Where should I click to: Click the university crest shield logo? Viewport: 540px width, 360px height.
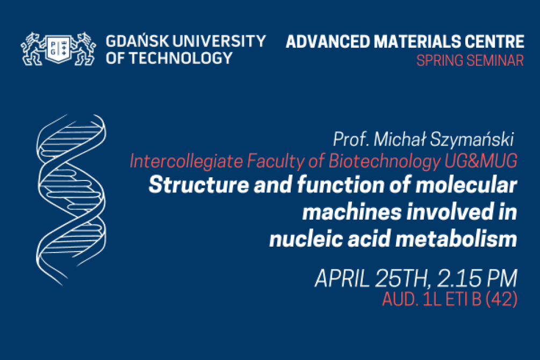coord(58,49)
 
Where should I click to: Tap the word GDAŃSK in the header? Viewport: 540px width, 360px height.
coord(137,41)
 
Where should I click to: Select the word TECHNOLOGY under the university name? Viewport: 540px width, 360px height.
coord(181,58)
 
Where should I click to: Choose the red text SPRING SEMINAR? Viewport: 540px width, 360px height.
coord(470,61)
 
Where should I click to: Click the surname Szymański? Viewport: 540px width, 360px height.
coord(472,140)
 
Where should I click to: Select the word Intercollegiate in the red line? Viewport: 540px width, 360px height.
coord(186,161)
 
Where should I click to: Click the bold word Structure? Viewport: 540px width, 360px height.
coord(199,185)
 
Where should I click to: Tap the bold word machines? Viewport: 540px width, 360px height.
coord(352,212)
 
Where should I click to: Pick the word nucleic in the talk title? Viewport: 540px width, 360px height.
coord(306,239)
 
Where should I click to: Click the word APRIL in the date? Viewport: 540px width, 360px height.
coord(342,278)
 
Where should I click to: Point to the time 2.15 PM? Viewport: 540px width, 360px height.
coord(477,278)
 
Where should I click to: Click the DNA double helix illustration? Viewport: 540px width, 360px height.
coord(71,200)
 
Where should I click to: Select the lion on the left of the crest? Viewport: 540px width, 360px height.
coord(33,49)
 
